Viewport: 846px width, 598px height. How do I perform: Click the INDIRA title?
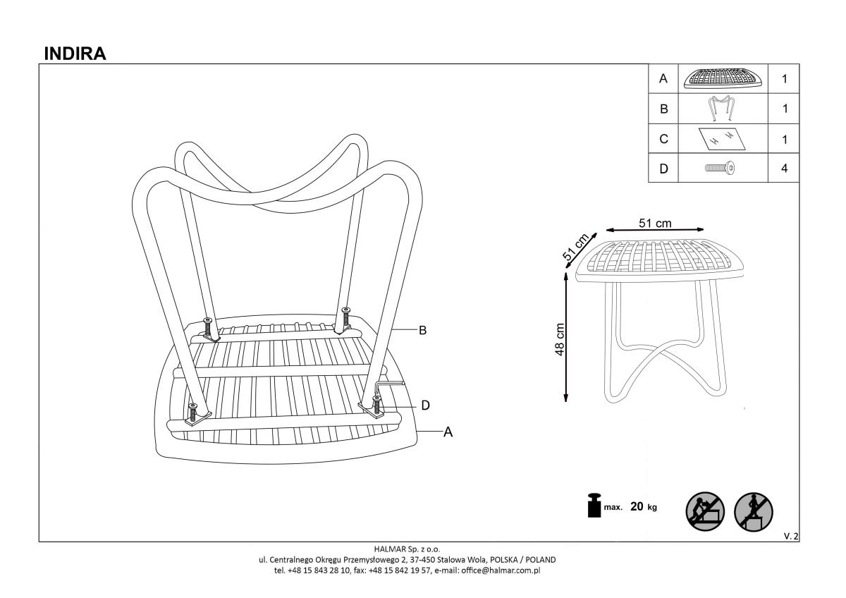click(x=75, y=54)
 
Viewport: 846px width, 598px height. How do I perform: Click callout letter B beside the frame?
click(x=423, y=330)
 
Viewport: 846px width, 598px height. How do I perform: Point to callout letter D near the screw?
click(x=425, y=405)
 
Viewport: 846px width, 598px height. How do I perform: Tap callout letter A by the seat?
click(x=446, y=432)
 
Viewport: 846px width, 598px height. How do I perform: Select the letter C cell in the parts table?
click(x=663, y=139)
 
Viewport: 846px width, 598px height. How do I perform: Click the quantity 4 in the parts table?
click(x=785, y=169)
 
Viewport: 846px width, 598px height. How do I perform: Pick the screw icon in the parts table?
click(x=719, y=169)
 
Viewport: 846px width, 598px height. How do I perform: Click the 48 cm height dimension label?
click(x=560, y=341)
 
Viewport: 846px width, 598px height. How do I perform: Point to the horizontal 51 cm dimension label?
click(x=655, y=223)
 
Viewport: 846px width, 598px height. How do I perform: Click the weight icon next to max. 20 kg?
click(x=594, y=506)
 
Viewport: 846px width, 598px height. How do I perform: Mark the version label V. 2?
click(x=791, y=537)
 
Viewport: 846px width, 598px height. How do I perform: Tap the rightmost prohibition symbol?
click(x=753, y=510)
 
